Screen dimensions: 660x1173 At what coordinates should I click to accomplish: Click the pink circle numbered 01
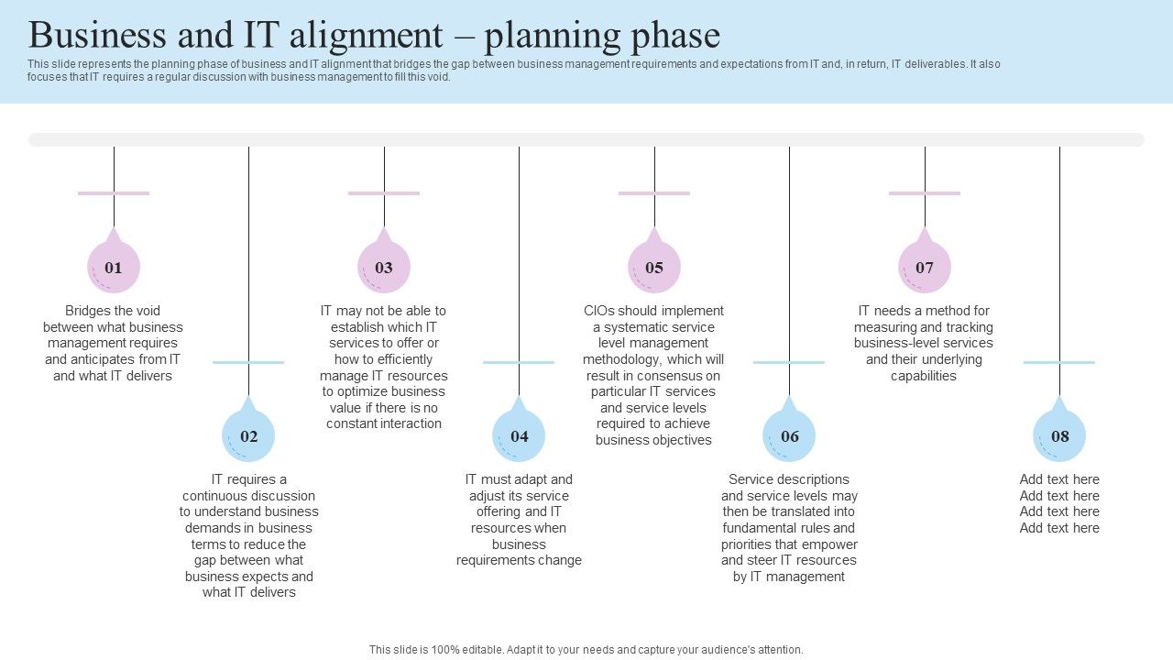tap(114, 267)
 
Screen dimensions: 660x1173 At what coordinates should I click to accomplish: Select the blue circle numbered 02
tap(248, 435)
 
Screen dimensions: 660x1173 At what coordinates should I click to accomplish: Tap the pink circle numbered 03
tap(384, 267)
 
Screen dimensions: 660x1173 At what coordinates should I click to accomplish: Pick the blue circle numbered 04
tap(519, 435)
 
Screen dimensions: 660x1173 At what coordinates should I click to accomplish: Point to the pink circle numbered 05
tap(654, 267)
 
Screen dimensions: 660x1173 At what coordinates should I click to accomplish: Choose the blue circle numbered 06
tap(789, 435)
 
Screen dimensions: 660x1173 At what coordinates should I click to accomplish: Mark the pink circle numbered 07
tap(925, 267)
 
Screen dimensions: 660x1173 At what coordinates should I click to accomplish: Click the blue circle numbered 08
tap(1059, 435)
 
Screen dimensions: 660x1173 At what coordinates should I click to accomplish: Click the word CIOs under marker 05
tap(599, 311)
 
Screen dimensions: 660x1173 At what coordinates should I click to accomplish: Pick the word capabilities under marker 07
tap(924, 376)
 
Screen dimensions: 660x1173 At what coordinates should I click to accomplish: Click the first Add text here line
tap(1059, 479)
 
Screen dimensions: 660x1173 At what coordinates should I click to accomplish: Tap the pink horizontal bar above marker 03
tap(384, 193)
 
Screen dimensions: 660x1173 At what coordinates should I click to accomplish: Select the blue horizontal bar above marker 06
tap(789, 362)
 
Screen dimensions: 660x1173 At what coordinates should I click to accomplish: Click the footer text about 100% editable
tap(586, 649)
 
